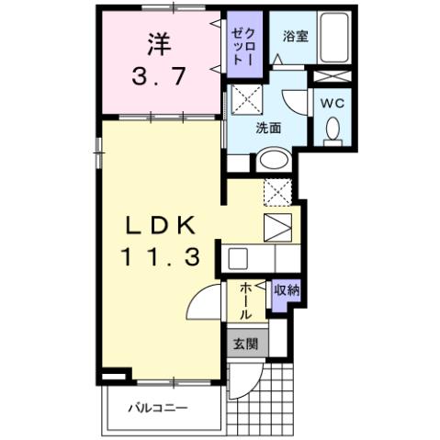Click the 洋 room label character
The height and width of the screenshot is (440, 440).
click(157, 43)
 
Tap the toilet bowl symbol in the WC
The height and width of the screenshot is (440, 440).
click(332, 130)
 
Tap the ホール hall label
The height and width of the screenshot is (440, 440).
click(246, 301)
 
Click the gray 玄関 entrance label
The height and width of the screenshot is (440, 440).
click(244, 344)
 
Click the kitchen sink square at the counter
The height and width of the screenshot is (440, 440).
click(237, 257)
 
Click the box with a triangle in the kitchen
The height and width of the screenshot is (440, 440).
click(276, 226)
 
